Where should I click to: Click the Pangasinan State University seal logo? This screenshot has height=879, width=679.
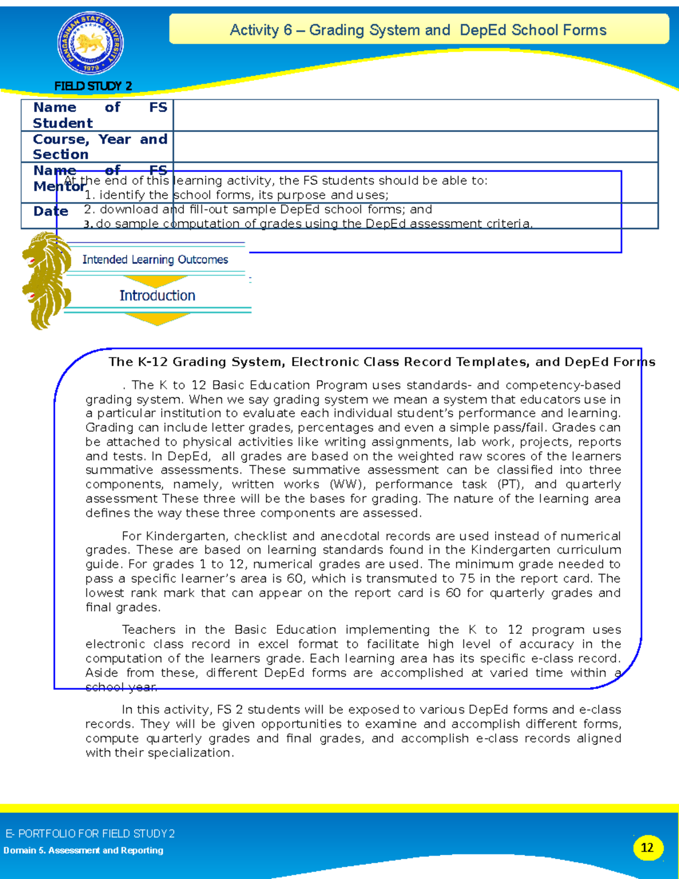pyautogui.click(x=91, y=44)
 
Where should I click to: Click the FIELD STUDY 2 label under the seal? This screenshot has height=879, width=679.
pyautogui.click(x=93, y=86)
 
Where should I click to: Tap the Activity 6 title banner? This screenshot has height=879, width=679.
pyautogui.click(x=418, y=30)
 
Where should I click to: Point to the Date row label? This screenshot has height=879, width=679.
pyautogui.click(x=50, y=212)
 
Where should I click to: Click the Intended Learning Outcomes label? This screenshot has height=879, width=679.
pyautogui.click(x=155, y=260)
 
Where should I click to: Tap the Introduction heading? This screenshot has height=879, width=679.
pyautogui.click(x=157, y=295)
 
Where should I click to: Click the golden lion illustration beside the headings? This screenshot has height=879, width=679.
pyautogui.click(x=45, y=280)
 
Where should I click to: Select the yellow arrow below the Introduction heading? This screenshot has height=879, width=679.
pyautogui.click(x=157, y=319)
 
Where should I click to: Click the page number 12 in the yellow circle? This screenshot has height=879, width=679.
pyautogui.click(x=647, y=847)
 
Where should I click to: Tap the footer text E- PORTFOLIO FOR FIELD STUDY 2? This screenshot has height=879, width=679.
pyautogui.click(x=90, y=833)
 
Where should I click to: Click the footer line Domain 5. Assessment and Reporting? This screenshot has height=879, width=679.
pyautogui.click(x=83, y=850)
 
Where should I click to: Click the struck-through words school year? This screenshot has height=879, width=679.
pyautogui.click(x=121, y=687)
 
